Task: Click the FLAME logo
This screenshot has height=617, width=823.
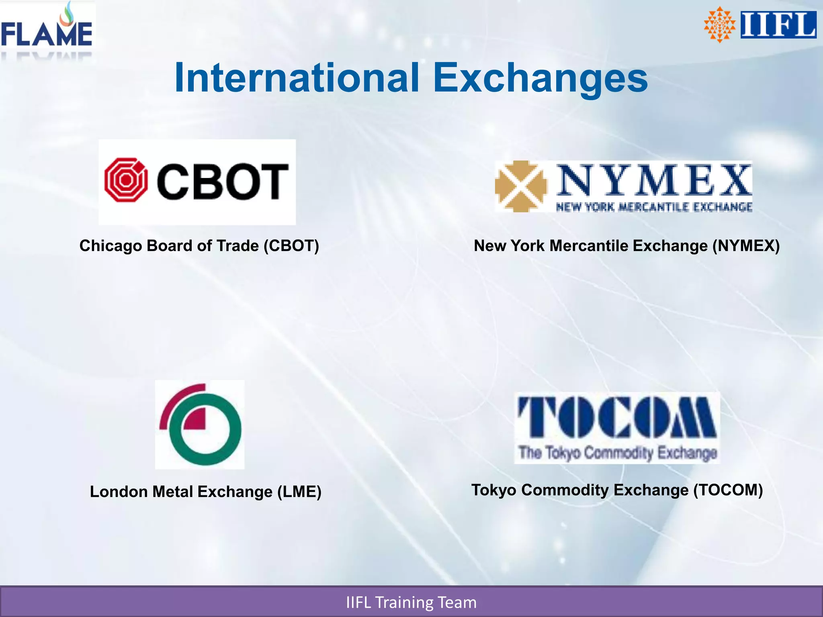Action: (x=47, y=32)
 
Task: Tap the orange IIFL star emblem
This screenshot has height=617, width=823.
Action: (x=719, y=25)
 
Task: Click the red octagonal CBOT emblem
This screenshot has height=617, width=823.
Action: (x=126, y=180)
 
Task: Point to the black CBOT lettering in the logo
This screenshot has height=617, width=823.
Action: (x=222, y=182)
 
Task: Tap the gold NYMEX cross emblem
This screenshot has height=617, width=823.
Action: (x=521, y=186)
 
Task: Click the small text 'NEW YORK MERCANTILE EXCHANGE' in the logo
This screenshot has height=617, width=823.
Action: (x=654, y=207)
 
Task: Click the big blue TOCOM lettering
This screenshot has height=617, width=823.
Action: (x=617, y=418)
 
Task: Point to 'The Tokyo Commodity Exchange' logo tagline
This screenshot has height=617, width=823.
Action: (x=618, y=453)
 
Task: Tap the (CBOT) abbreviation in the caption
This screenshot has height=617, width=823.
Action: (x=291, y=246)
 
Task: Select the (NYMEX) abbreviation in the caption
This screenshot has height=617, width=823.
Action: (x=746, y=246)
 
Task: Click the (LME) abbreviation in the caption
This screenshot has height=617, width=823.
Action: (x=299, y=492)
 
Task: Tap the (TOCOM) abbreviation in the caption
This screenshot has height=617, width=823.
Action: (x=728, y=490)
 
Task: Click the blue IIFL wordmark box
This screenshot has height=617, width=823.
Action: (x=778, y=25)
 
